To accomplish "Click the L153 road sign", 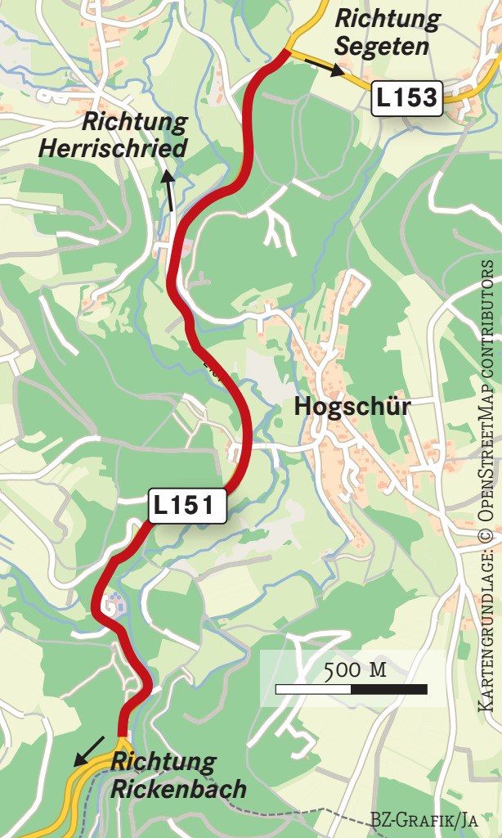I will coord(407,99).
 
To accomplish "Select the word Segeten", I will coord(382,47).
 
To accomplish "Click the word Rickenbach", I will coord(179,789).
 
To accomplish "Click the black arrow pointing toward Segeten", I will coord(325,67).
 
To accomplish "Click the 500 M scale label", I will coord(355,670).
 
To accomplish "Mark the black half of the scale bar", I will coord(389,690).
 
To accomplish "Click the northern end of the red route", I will coord(285,53).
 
